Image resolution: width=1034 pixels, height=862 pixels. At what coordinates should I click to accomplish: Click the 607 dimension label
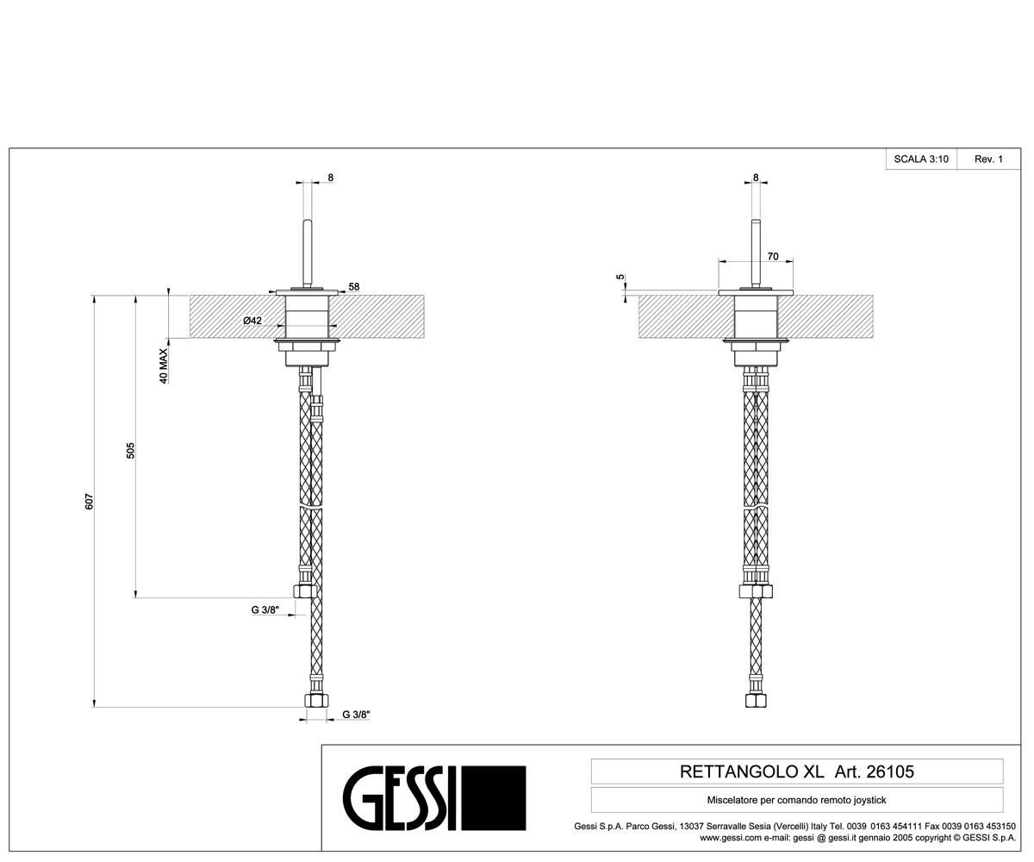pos(89,502)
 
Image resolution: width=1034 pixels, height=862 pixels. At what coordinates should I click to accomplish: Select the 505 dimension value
pos(130,450)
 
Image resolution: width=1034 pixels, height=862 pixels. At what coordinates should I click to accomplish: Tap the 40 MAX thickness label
pos(164,365)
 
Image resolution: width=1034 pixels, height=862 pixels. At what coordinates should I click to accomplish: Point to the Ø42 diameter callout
pos(252,321)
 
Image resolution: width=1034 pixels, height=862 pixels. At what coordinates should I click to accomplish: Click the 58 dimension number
pos(354,286)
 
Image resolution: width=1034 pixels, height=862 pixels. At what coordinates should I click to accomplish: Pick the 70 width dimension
pos(773,257)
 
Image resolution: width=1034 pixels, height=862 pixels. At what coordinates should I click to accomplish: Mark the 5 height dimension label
pos(620,278)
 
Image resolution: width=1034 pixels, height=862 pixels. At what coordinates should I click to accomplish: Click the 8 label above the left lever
pos(331,178)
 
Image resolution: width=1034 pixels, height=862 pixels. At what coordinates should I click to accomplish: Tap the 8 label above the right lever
pos(756,178)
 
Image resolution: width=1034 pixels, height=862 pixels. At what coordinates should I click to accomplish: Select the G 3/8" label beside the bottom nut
pos(356,715)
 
